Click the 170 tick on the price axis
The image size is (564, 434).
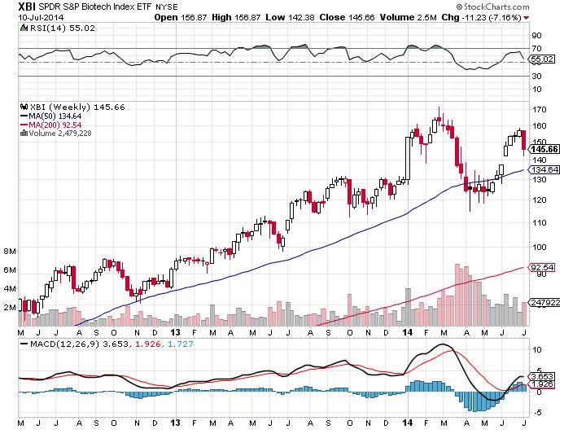(538, 109)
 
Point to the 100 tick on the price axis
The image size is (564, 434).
(538, 248)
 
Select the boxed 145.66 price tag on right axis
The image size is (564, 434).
(543, 149)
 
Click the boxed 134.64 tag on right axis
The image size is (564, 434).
(543, 169)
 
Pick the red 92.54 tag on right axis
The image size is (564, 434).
(541, 266)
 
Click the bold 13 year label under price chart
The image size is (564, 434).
(177, 332)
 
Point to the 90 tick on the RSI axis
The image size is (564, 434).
(536, 36)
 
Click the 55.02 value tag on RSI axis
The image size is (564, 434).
(542, 59)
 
